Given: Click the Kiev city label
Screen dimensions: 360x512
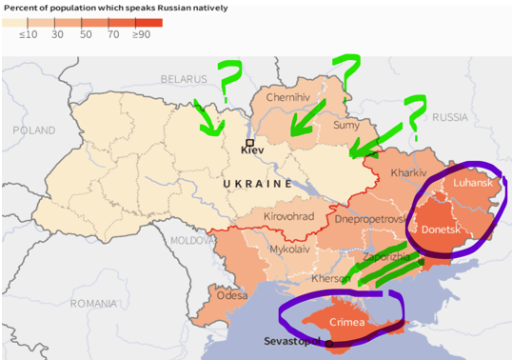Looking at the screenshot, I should pyautogui.click(x=252, y=150).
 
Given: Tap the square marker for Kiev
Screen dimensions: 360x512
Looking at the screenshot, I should pyautogui.click(x=249, y=142).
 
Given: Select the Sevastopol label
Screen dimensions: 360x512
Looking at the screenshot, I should pyautogui.click(x=294, y=341).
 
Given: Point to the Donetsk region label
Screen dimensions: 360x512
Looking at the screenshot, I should pyautogui.click(x=442, y=230).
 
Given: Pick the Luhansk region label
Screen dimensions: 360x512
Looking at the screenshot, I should pyautogui.click(x=473, y=182).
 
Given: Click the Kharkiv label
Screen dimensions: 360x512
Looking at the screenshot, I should pyautogui.click(x=408, y=173).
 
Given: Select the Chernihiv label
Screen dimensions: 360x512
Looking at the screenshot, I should pyautogui.click(x=288, y=97).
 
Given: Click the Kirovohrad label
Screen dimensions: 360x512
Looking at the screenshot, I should pyautogui.click(x=289, y=217).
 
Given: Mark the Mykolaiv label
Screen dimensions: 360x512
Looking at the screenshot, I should pyautogui.click(x=289, y=250).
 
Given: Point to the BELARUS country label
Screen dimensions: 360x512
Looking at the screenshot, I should pyautogui.click(x=183, y=78).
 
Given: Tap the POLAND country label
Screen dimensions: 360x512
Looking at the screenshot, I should pyautogui.click(x=34, y=130).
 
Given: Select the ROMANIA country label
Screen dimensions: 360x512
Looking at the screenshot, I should pyautogui.click(x=92, y=304).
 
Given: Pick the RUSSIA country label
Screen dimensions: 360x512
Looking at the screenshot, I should pyautogui.click(x=450, y=117).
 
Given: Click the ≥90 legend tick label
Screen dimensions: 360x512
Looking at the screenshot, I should pyautogui.click(x=142, y=34).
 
